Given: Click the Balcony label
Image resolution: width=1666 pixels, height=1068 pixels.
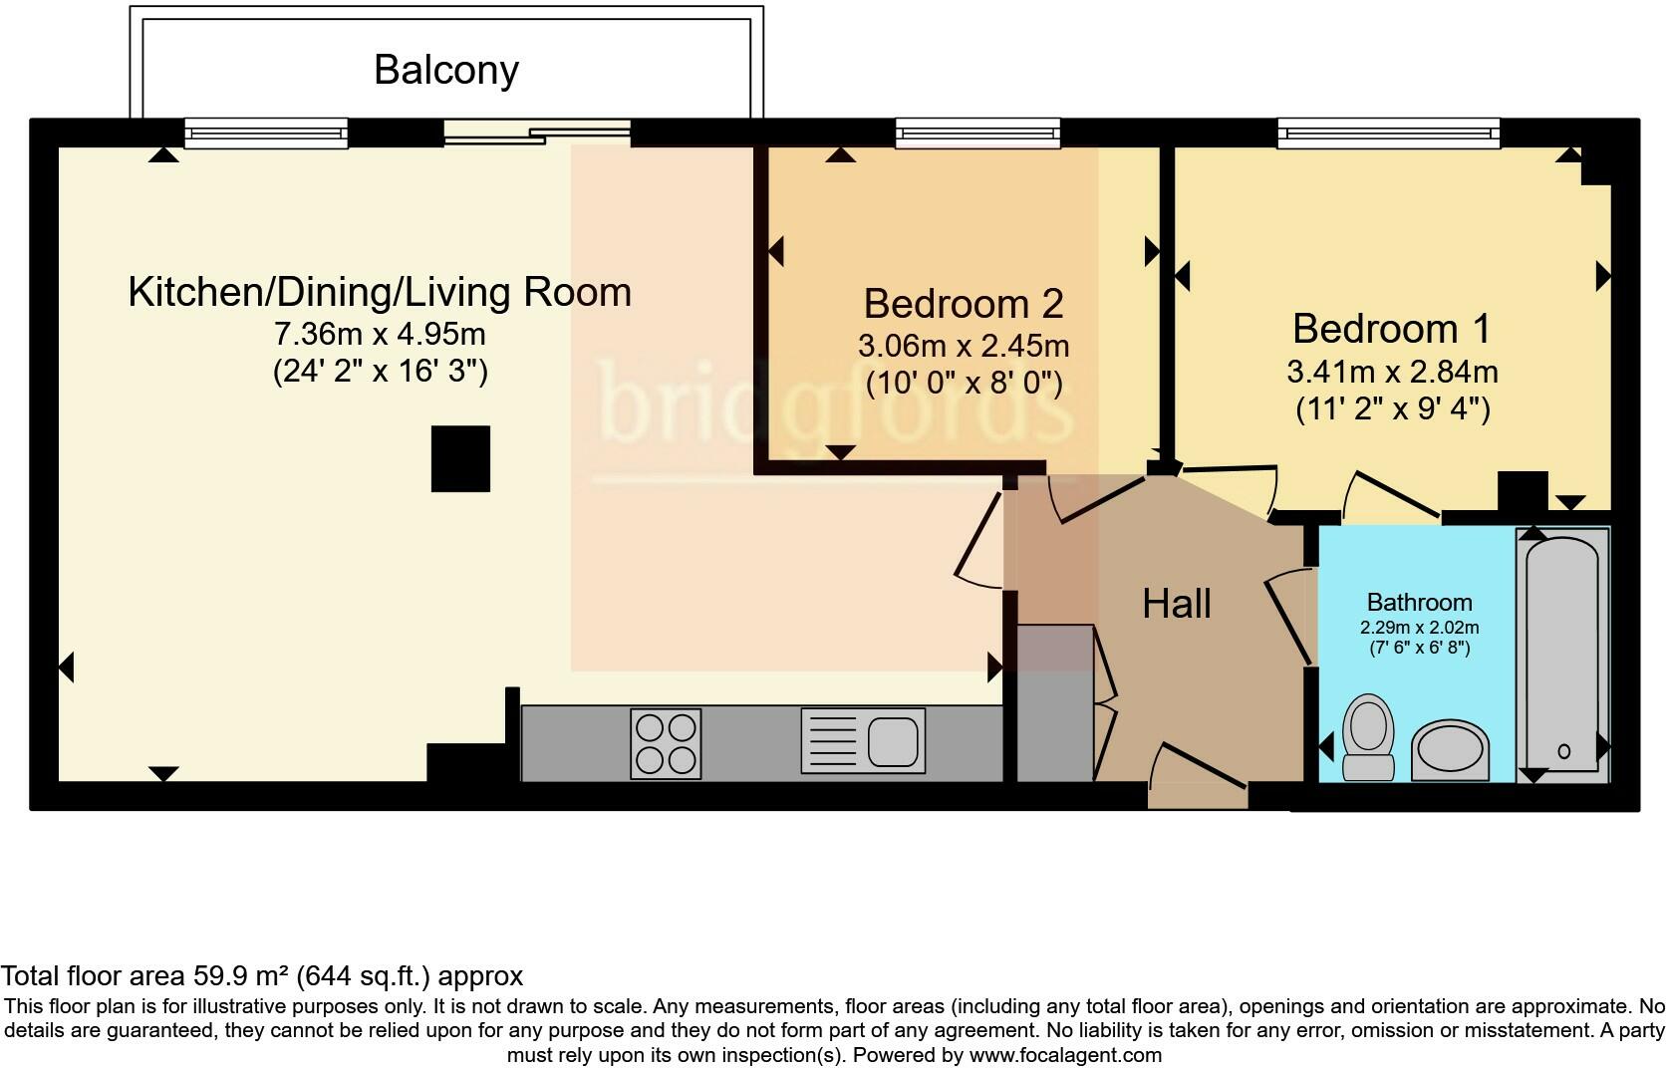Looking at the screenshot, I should pyautogui.click(x=446, y=70).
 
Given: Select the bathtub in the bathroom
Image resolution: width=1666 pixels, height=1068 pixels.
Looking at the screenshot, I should pyautogui.click(x=1562, y=653).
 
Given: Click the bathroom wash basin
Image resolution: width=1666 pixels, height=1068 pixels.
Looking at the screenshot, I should pyautogui.click(x=1450, y=749).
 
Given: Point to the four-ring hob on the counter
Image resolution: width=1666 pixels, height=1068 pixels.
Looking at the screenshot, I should pyautogui.click(x=666, y=743).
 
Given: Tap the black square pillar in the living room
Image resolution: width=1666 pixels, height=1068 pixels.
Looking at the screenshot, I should pyautogui.click(x=460, y=458).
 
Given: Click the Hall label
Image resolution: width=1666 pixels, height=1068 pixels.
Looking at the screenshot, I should pyautogui.click(x=1177, y=604).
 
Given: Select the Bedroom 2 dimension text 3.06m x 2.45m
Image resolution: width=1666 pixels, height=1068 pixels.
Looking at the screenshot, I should pyautogui.click(x=964, y=346).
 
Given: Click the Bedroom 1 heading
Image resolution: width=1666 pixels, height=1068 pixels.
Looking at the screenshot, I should pyautogui.click(x=1392, y=328).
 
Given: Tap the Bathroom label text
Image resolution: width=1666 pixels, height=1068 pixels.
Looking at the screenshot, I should pyautogui.click(x=1419, y=602).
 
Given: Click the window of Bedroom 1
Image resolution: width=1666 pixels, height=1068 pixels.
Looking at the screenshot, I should pyautogui.click(x=1388, y=133).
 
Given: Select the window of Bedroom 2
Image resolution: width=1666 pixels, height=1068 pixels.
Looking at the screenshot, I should pyautogui.click(x=976, y=133).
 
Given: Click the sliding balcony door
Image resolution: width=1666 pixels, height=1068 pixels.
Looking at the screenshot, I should pyautogui.click(x=538, y=133).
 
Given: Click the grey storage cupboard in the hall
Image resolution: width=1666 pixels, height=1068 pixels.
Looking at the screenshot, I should pyautogui.click(x=1054, y=702).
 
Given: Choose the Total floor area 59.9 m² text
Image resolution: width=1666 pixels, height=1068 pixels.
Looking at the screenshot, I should pyautogui.click(x=261, y=975).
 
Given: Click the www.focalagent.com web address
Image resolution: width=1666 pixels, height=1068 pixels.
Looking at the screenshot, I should pyautogui.click(x=1064, y=1055).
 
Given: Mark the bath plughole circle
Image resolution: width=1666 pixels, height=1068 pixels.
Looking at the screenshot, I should pyautogui.click(x=1563, y=751).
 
